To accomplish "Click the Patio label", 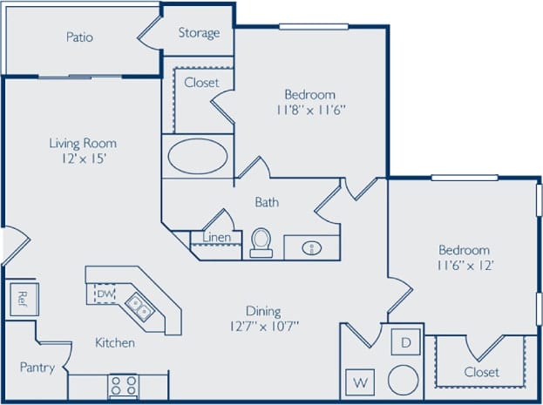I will click(x=79, y=37).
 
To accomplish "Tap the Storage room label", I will click(x=199, y=33).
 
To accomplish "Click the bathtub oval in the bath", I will click(x=198, y=158).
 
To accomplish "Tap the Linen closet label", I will click(x=216, y=238).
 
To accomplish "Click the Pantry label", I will click(x=37, y=368).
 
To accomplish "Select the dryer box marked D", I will click(x=405, y=341).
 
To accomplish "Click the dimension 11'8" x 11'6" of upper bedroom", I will click(x=309, y=111).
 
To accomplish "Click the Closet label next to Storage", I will click(x=200, y=83).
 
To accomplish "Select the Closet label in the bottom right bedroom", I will click(x=481, y=372).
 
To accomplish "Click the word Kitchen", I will click(x=115, y=342).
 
